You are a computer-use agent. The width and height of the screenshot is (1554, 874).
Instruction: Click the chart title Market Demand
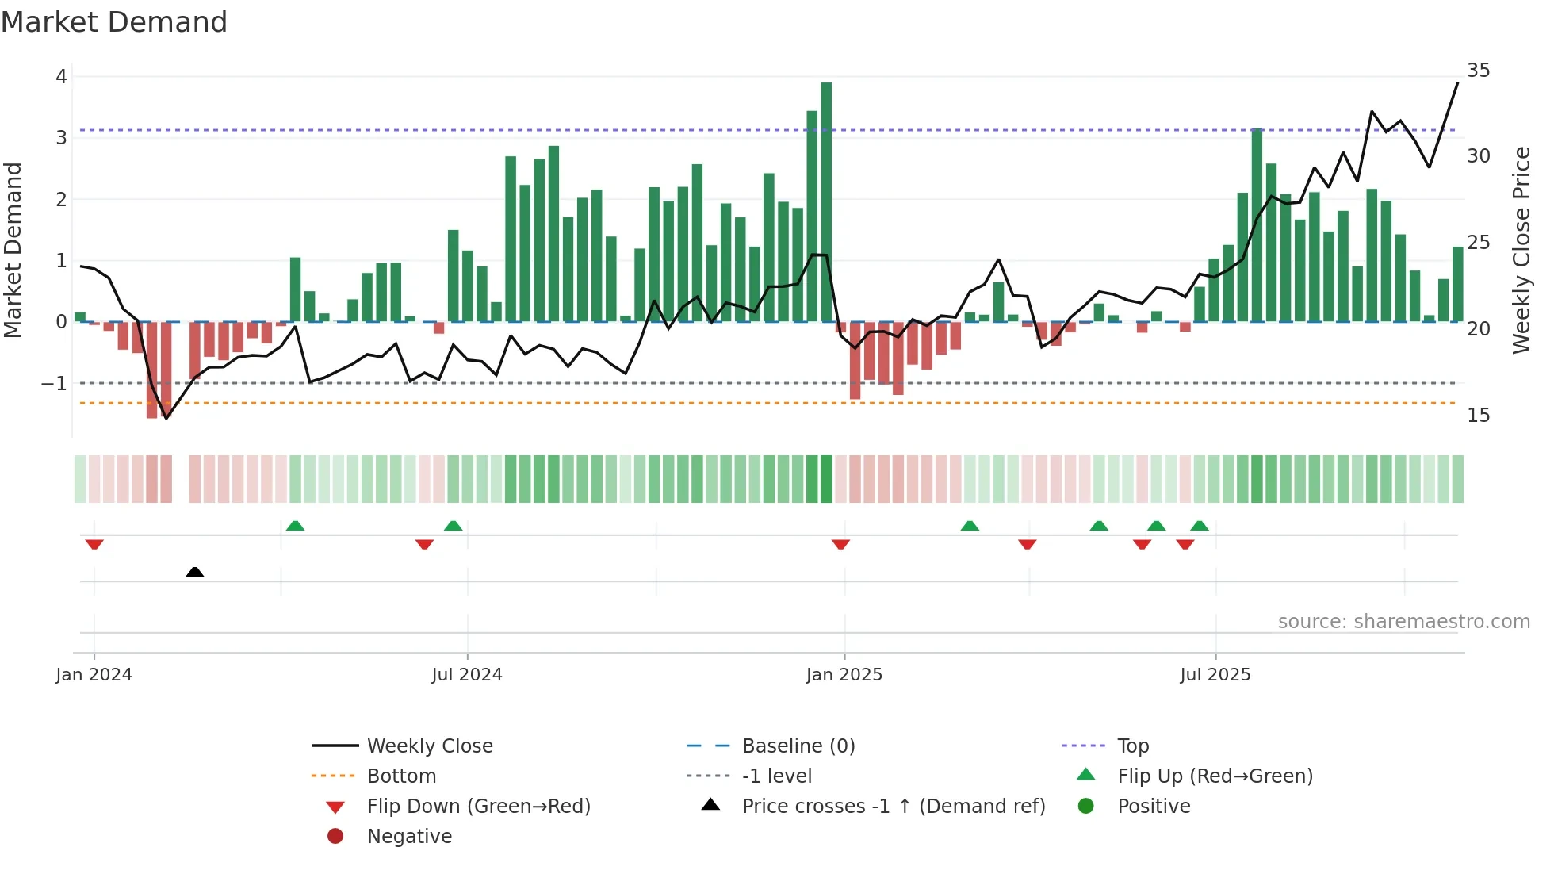tap(114, 22)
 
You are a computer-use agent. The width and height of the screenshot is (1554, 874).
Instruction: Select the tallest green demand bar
tap(826, 202)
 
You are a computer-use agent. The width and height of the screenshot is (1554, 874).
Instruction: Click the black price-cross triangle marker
tap(194, 572)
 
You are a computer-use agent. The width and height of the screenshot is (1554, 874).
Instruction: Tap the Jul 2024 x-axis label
tap(467, 675)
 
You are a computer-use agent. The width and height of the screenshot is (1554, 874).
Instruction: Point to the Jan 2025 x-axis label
tap(844, 675)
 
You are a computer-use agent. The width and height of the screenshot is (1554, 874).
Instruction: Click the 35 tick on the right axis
tap(1478, 71)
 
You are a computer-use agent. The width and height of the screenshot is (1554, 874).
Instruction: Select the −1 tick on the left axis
tap(54, 384)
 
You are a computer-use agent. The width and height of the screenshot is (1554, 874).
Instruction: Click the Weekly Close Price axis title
tap(1521, 250)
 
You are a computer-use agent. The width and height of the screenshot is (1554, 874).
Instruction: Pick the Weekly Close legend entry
tap(429, 746)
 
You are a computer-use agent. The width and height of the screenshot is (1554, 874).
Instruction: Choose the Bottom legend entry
tap(401, 776)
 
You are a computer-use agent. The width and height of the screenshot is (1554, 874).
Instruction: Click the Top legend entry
tap(1132, 746)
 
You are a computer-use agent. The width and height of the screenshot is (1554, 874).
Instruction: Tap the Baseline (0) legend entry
tap(798, 746)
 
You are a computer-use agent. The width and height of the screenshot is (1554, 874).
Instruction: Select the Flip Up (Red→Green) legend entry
tap(1215, 776)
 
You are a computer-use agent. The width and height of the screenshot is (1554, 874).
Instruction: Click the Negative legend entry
tap(409, 837)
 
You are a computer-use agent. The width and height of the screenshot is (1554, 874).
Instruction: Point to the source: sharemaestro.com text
tap(1403, 622)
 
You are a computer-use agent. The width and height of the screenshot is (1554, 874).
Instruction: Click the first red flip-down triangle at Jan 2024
tap(94, 544)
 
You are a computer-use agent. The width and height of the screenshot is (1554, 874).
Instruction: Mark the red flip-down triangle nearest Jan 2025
tap(840, 544)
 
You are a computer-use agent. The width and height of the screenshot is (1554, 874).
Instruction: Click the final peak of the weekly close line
tap(1457, 83)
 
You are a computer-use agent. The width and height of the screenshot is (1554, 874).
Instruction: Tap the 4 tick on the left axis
tap(61, 77)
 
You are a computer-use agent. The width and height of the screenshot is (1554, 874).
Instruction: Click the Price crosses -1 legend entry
tap(893, 807)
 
